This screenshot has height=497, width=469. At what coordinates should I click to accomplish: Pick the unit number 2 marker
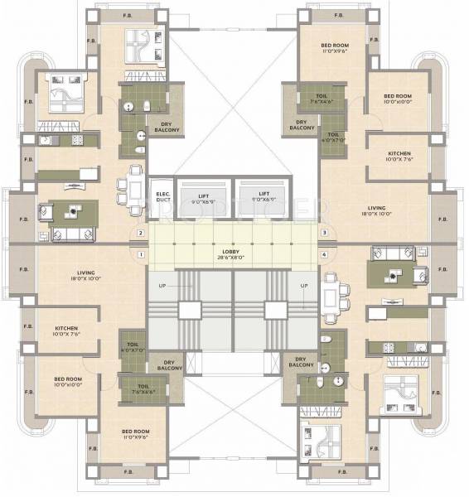[143, 234]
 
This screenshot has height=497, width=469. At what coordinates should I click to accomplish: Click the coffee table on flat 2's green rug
[73, 211]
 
